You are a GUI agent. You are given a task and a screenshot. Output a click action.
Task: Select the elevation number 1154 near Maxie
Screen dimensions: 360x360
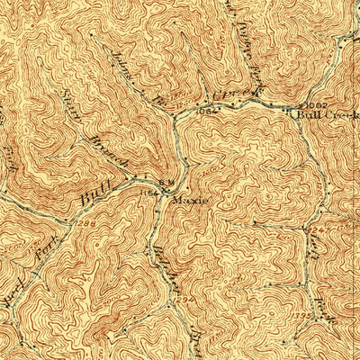(148, 192)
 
